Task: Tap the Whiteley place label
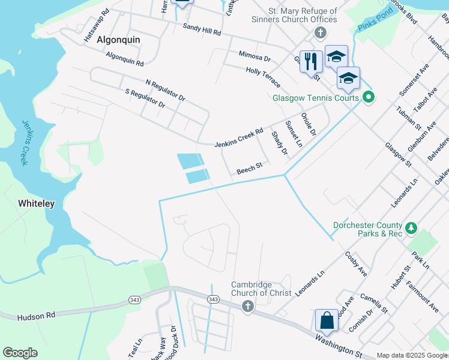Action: click(x=36, y=203)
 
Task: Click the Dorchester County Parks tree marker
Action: click(x=411, y=228)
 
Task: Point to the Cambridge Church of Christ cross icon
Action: click(x=247, y=307)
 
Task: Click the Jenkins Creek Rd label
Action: click(x=239, y=138)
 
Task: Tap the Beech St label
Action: click(x=250, y=170)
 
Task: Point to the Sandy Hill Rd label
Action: click(x=202, y=29)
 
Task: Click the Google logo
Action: click(x=20, y=353)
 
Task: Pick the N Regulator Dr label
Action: click(x=165, y=89)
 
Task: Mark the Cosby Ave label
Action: click(x=355, y=263)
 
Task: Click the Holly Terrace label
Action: click(x=263, y=79)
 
